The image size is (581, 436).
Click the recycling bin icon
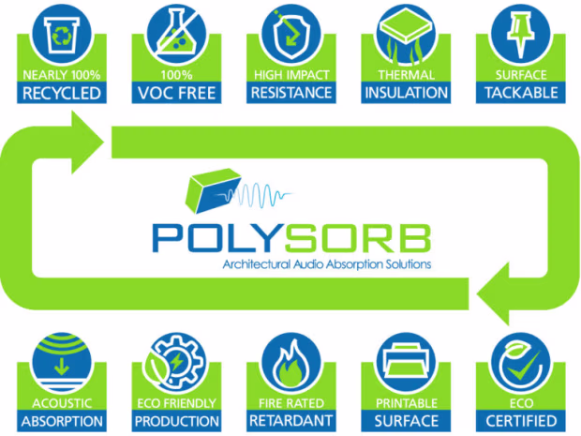(x=62, y=36)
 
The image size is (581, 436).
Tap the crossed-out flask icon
(x=176, y=34)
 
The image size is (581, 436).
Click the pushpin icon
(x=521, y=34)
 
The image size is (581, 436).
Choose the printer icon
(x=406, y=361)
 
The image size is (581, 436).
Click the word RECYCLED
(x=62, y=93)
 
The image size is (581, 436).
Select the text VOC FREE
(x=176, y=93)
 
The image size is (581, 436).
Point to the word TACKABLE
(x=521, y=93)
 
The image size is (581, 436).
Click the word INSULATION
(x=406, y=93)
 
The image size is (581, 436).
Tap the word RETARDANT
(x=291, y=421)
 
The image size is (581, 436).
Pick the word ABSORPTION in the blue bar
(x=62, y=422)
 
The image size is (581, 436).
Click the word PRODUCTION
(x=177, y=422)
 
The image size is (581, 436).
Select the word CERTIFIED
(x=521, y=421)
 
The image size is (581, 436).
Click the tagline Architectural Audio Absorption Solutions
(x=327, y=264)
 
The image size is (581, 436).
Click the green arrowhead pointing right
(x=87, y=142)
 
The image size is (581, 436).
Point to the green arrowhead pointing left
(x=493, y=293)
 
